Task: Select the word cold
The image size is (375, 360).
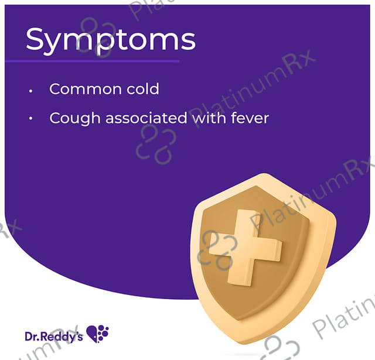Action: pyautogui.click(x=143, y=89)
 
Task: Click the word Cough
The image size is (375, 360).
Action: pyautogui.click(x=74, y=118)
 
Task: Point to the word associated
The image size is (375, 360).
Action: pyautogui.click(x=146, y=118)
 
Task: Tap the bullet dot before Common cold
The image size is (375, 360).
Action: pyautogui.click(x=30, y=91)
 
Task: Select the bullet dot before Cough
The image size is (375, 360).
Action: pyautogui.click(x=30, y=118)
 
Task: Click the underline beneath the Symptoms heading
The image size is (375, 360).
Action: pyautogui.click(x=92, y=61)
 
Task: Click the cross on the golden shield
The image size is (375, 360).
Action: pyautogui.click(x=245, y=248)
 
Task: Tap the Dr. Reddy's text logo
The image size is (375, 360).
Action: pyautogui.click(x=54, y=337)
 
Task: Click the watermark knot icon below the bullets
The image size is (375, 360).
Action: pyautogui.click(x=156, y=144)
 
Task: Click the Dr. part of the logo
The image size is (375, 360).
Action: pyautogui.click(x=32, y=337)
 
